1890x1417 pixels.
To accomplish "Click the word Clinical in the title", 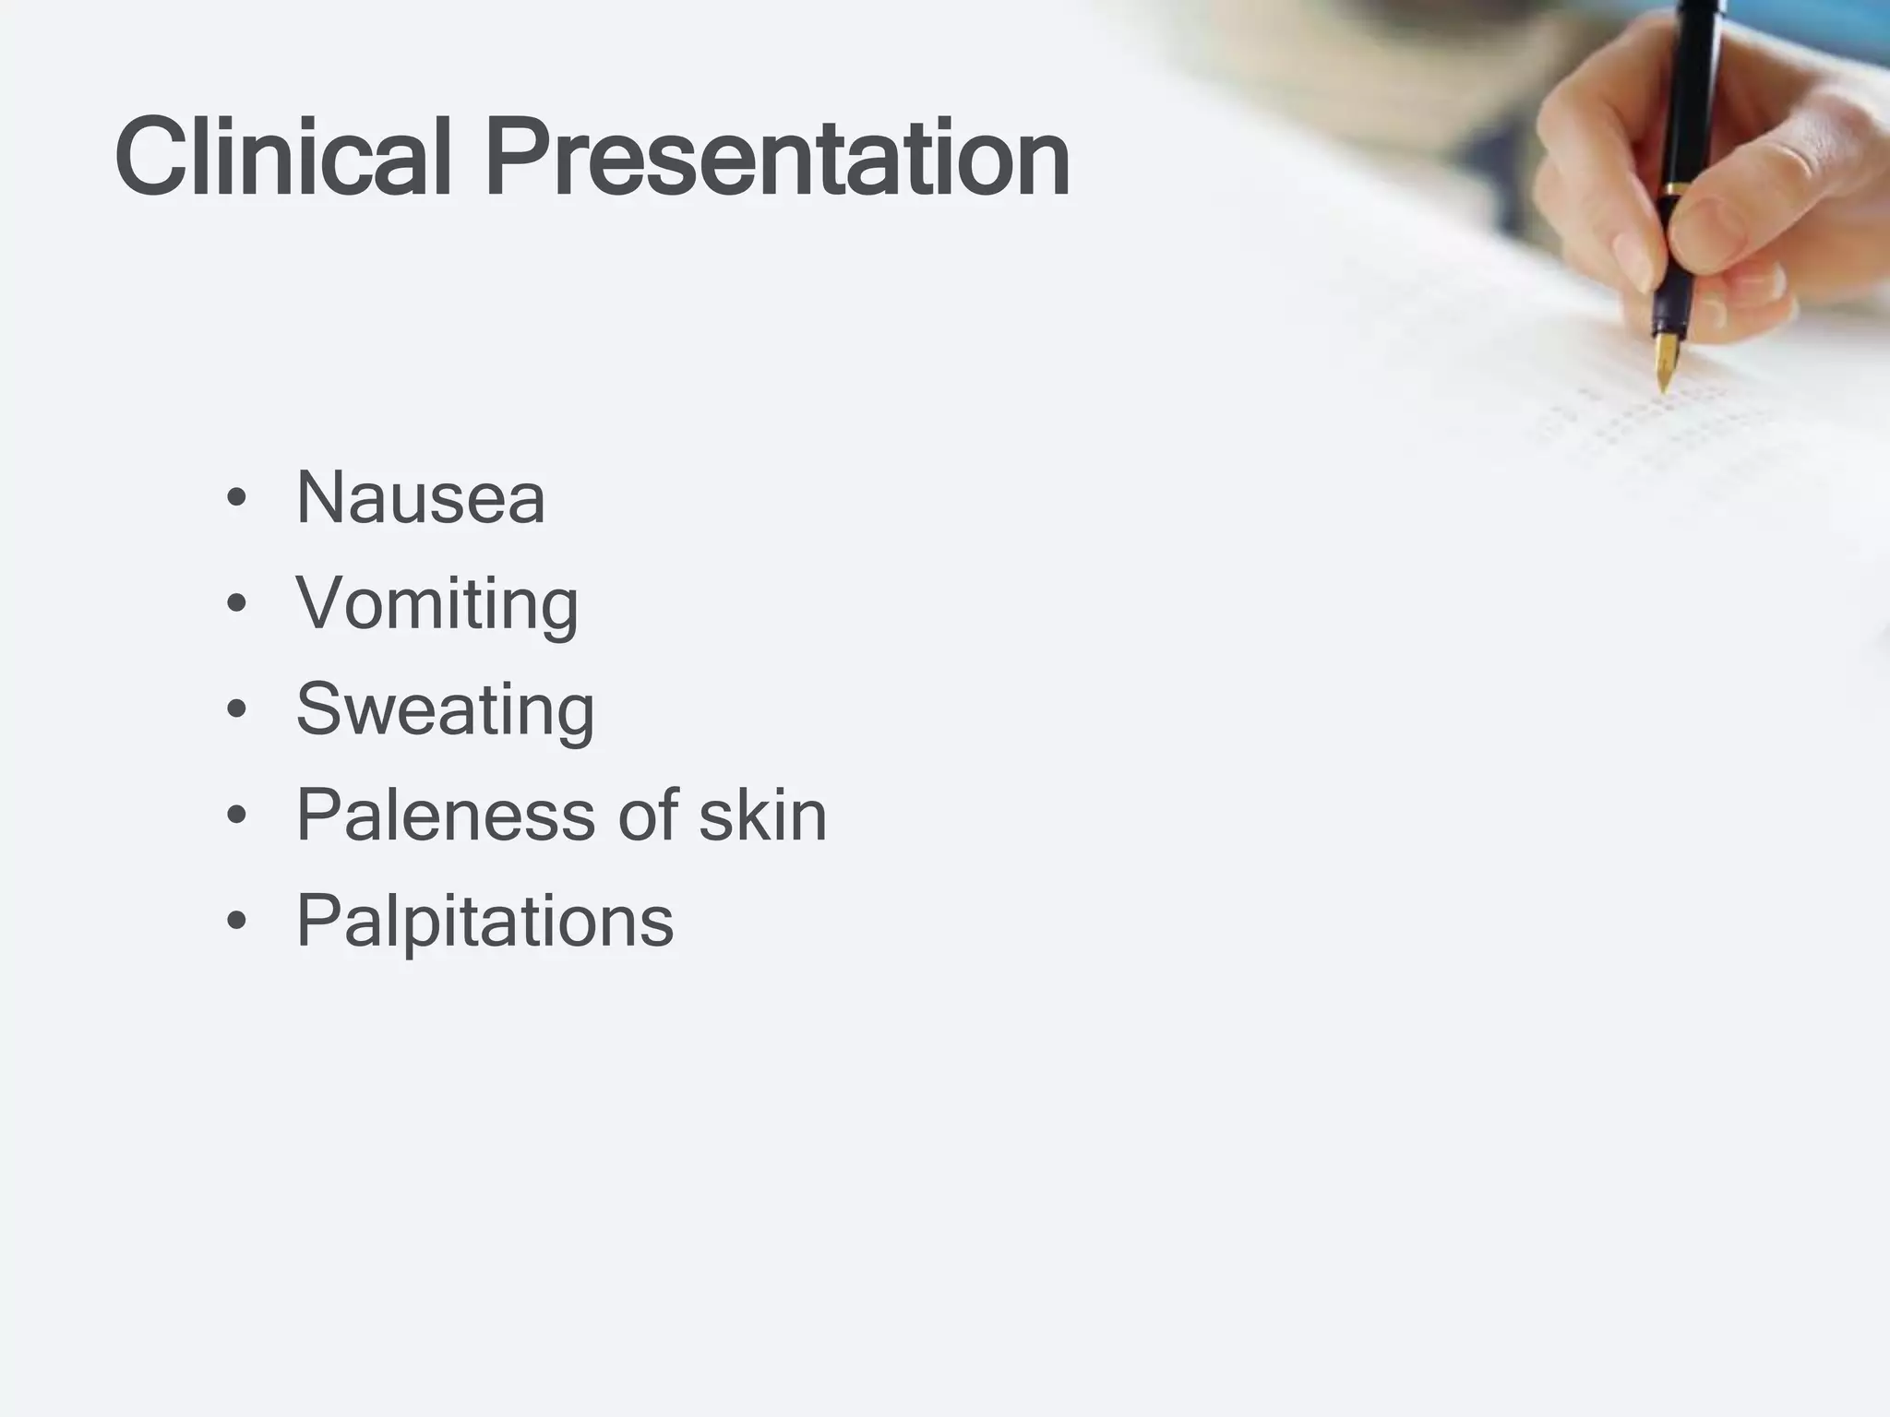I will click(282, 157).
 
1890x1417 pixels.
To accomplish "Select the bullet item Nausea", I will click(420, 498).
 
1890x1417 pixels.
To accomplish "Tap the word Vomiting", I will click(437, 604).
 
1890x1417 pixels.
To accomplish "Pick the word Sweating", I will click(445, 709).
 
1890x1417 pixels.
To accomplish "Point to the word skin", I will click(762, 816).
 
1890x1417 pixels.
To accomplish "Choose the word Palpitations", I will click(484, 921).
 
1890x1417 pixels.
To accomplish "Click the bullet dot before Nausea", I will click(236, 499).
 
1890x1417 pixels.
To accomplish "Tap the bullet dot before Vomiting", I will click(236, 604).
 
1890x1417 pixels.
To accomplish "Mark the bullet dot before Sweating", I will click(236, 709).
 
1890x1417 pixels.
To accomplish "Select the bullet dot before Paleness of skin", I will click(236, 816).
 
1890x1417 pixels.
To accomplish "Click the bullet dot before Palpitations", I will click(236, 921).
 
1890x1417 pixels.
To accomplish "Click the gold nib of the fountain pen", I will click(1665, 364).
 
